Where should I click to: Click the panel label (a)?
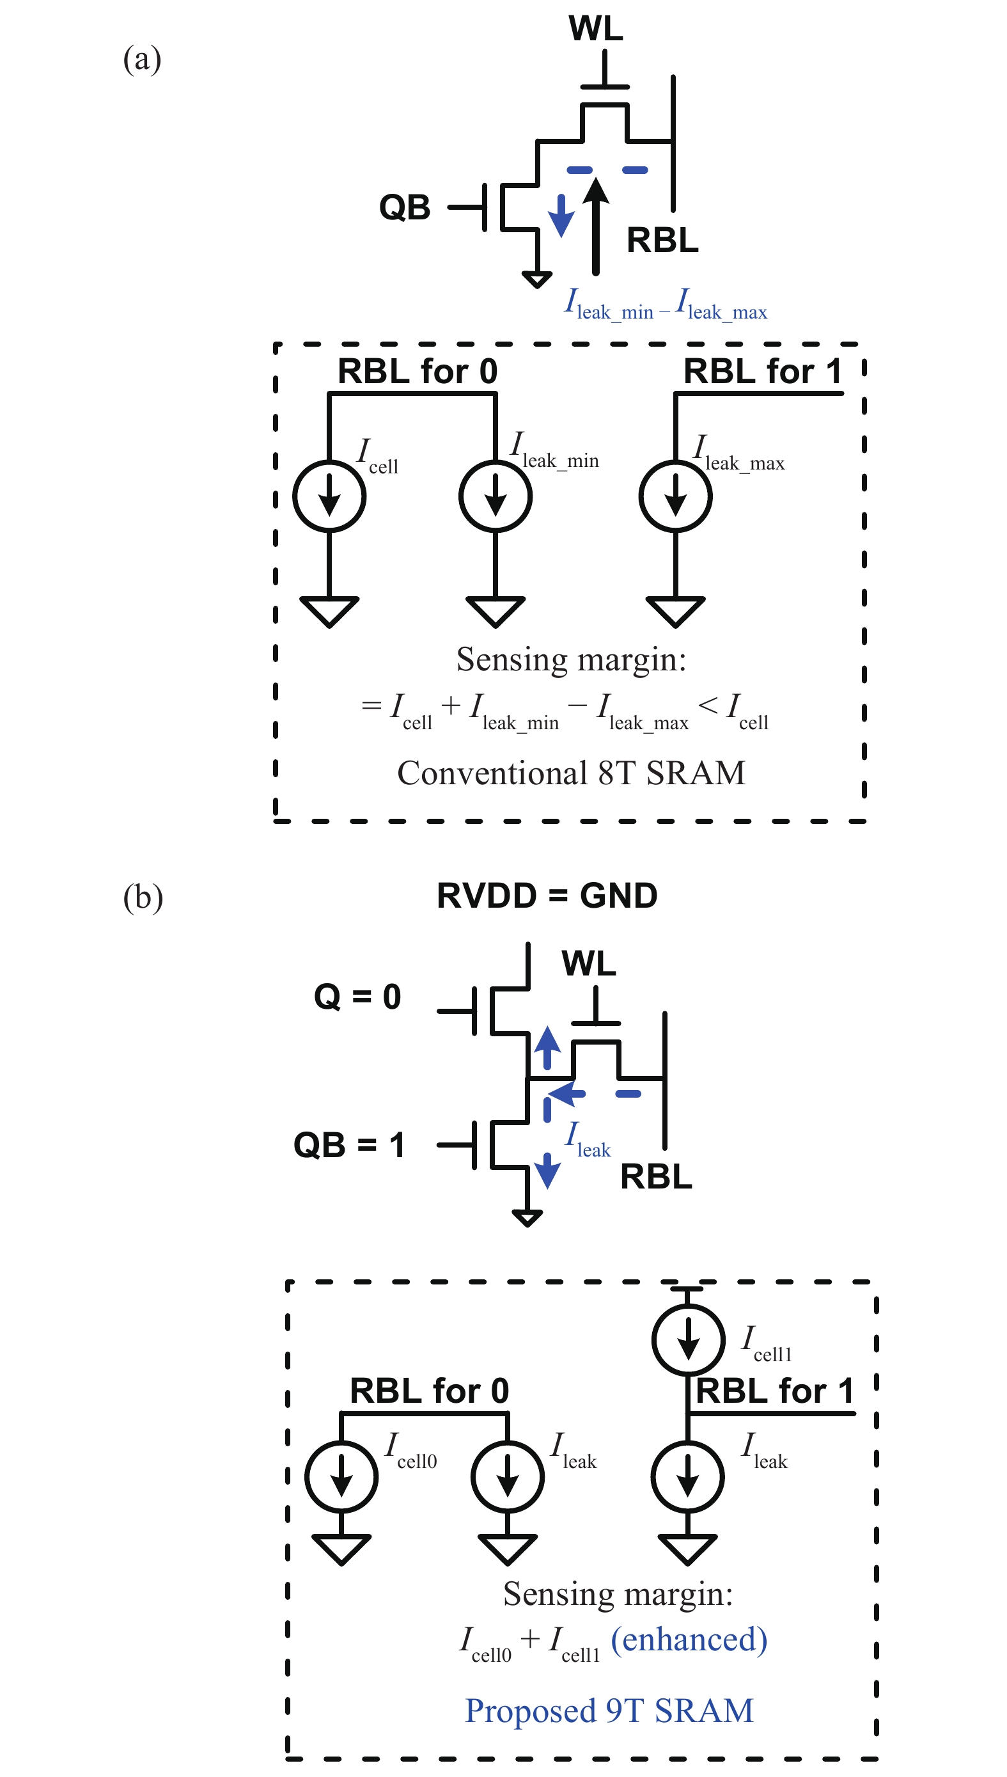142,59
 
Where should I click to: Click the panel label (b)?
143,897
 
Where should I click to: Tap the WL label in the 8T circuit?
595,28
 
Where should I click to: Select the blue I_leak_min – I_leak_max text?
666,305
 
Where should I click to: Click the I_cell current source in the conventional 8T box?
329,496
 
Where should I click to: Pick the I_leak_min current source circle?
496,496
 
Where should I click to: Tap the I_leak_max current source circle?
675,496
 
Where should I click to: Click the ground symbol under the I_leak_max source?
675,611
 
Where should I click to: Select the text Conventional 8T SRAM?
572,773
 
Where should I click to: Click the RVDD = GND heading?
547,896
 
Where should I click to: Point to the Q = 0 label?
357,997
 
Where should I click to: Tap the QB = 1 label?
349,1145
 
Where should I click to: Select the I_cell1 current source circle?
688,1339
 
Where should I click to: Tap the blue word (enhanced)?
689,1639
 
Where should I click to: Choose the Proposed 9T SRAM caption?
609,1710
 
